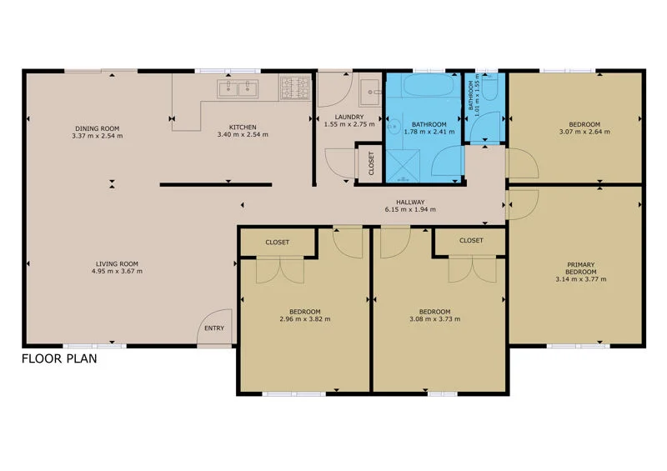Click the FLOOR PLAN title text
click(59, 360)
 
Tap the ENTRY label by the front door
click(214, 328)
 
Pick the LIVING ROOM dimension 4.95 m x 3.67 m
click(117, 271)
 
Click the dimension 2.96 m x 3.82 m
click(305, 319)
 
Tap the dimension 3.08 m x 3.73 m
click(434, 319)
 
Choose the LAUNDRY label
click(346, 118)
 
